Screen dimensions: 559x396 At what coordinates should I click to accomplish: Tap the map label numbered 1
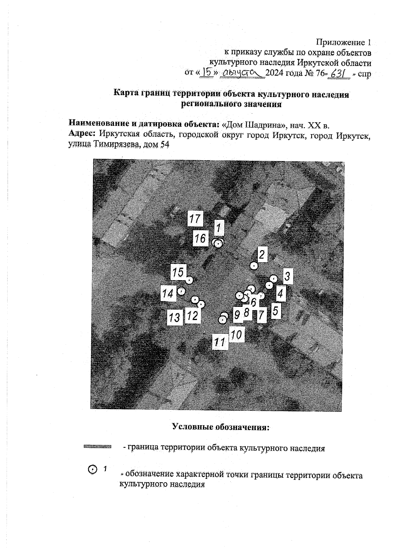218,227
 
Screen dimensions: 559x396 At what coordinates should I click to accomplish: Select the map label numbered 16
200,238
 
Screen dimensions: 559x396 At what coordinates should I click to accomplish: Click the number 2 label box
262,254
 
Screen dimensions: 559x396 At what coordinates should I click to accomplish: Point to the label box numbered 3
287,276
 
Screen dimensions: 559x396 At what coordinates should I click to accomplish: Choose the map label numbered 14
168,293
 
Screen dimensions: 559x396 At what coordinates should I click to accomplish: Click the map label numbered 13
175,317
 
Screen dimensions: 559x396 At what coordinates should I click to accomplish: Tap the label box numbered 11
220,342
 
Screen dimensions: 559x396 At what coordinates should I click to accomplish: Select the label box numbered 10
236,335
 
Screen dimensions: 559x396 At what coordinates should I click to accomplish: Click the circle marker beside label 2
253,266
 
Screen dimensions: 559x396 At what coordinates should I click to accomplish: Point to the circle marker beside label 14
181,291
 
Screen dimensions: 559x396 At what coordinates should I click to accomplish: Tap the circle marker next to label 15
189,280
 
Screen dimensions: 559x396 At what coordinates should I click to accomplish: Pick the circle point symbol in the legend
93,469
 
